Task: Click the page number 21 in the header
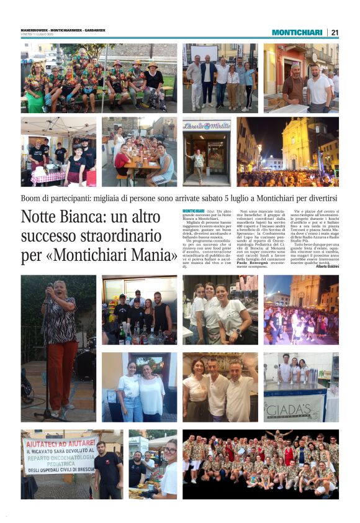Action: (335, 32)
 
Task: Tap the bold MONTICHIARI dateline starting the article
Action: (194, 212)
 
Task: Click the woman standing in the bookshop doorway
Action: (199, 163)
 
